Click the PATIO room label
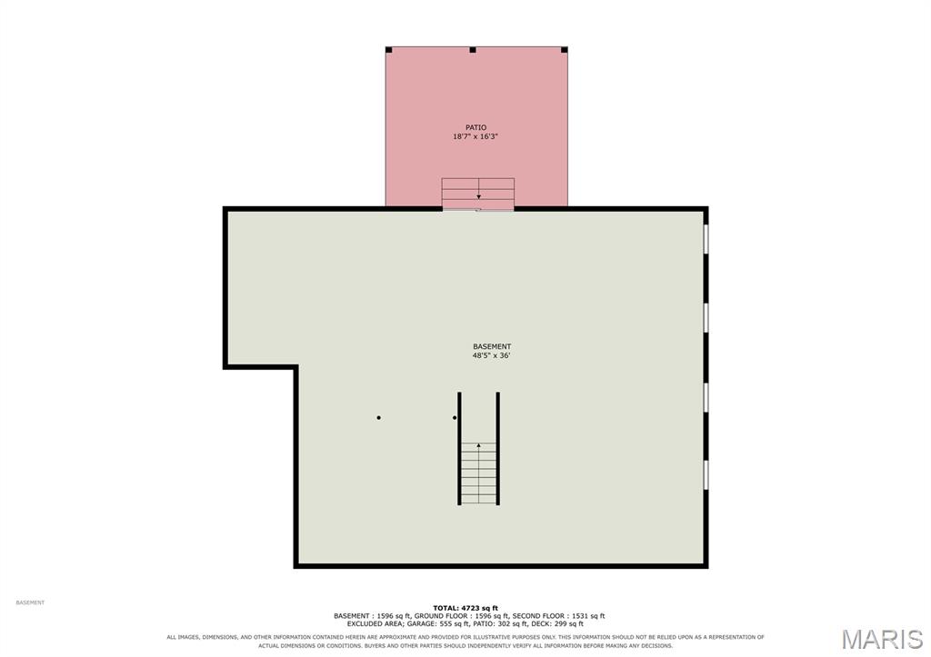(476, 127)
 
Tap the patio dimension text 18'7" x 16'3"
(475, 136)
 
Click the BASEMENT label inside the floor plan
(492, 346)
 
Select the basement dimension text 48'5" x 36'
(492, 356)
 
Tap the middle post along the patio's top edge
(473, 50)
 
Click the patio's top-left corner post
(389, 50)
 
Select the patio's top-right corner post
(564, 50)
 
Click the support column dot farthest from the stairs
(379, 418)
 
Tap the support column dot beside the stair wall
(455, 418)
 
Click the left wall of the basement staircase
(459, 449)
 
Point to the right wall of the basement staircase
(497, 449)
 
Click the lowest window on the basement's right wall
(706, 474)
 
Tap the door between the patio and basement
(478, 209)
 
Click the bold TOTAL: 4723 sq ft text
(465, 608)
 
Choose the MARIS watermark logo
(882, 640)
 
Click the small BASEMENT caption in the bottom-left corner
(30, 603)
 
